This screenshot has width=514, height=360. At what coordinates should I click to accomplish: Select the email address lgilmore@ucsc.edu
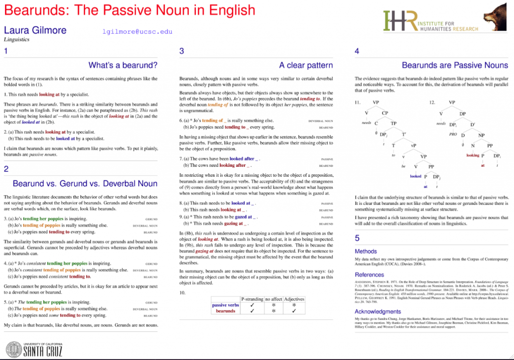pos(137,31)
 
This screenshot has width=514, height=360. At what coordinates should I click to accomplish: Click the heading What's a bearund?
pos(122,65)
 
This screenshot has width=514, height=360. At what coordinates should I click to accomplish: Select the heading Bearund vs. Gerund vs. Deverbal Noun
pos(85,183)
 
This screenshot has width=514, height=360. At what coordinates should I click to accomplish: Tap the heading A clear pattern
pos(306,65)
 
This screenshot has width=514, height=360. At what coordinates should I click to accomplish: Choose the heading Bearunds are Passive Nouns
pos(455,65)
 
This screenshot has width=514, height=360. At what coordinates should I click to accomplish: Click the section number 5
pos(357,238)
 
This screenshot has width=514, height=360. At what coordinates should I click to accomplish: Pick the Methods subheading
pos(365,251)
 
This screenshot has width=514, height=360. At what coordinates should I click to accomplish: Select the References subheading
pos(369,274)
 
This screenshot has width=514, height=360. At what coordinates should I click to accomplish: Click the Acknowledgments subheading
pos(378,311)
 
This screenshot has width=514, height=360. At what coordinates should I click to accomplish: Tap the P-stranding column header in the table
pos(252,298)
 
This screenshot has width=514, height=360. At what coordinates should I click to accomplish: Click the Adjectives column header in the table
pos(294,298)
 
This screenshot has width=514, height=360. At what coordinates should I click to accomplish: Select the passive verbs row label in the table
pos(225,305)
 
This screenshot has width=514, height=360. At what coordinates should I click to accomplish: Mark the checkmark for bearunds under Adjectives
pos(294,311)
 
